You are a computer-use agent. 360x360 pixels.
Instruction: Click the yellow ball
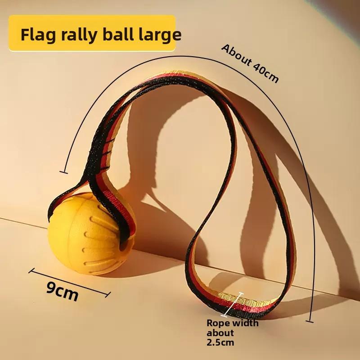91,234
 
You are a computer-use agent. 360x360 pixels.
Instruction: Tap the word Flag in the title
38,35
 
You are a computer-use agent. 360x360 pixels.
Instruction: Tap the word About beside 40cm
237,55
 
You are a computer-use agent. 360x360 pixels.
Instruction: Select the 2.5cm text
220,342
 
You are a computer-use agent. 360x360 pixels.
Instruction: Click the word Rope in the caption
218,323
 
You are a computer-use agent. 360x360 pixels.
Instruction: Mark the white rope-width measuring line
233,305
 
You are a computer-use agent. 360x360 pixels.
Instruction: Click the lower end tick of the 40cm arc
310,321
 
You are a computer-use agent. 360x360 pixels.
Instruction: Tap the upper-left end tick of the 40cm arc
63,172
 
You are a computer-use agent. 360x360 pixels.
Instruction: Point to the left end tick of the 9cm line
31,270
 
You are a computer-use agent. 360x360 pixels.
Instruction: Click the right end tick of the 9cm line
108,295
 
